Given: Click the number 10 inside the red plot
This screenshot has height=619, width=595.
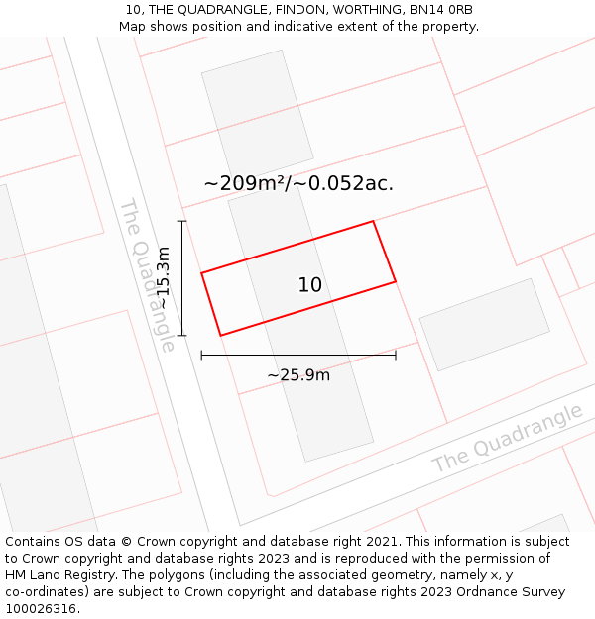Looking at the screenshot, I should point(310,285).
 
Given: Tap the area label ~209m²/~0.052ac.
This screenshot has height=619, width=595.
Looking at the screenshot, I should point(298,183).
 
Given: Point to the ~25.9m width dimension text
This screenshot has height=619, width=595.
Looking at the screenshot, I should point(298,375).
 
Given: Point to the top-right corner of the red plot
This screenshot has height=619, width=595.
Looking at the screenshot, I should point(373,221).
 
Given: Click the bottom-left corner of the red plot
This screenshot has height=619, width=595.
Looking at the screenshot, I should point(220,336).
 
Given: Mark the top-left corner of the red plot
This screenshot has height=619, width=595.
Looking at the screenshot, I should point(201,272).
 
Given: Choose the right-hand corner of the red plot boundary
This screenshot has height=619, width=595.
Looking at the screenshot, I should point(396,282).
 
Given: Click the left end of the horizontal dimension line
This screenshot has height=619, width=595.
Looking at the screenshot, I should point(201,355).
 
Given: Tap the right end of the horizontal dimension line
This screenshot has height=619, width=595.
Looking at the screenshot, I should point(396,355).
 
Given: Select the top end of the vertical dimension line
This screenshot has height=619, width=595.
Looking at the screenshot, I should point(181,221).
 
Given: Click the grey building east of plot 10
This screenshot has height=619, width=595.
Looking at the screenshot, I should point(484,324).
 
